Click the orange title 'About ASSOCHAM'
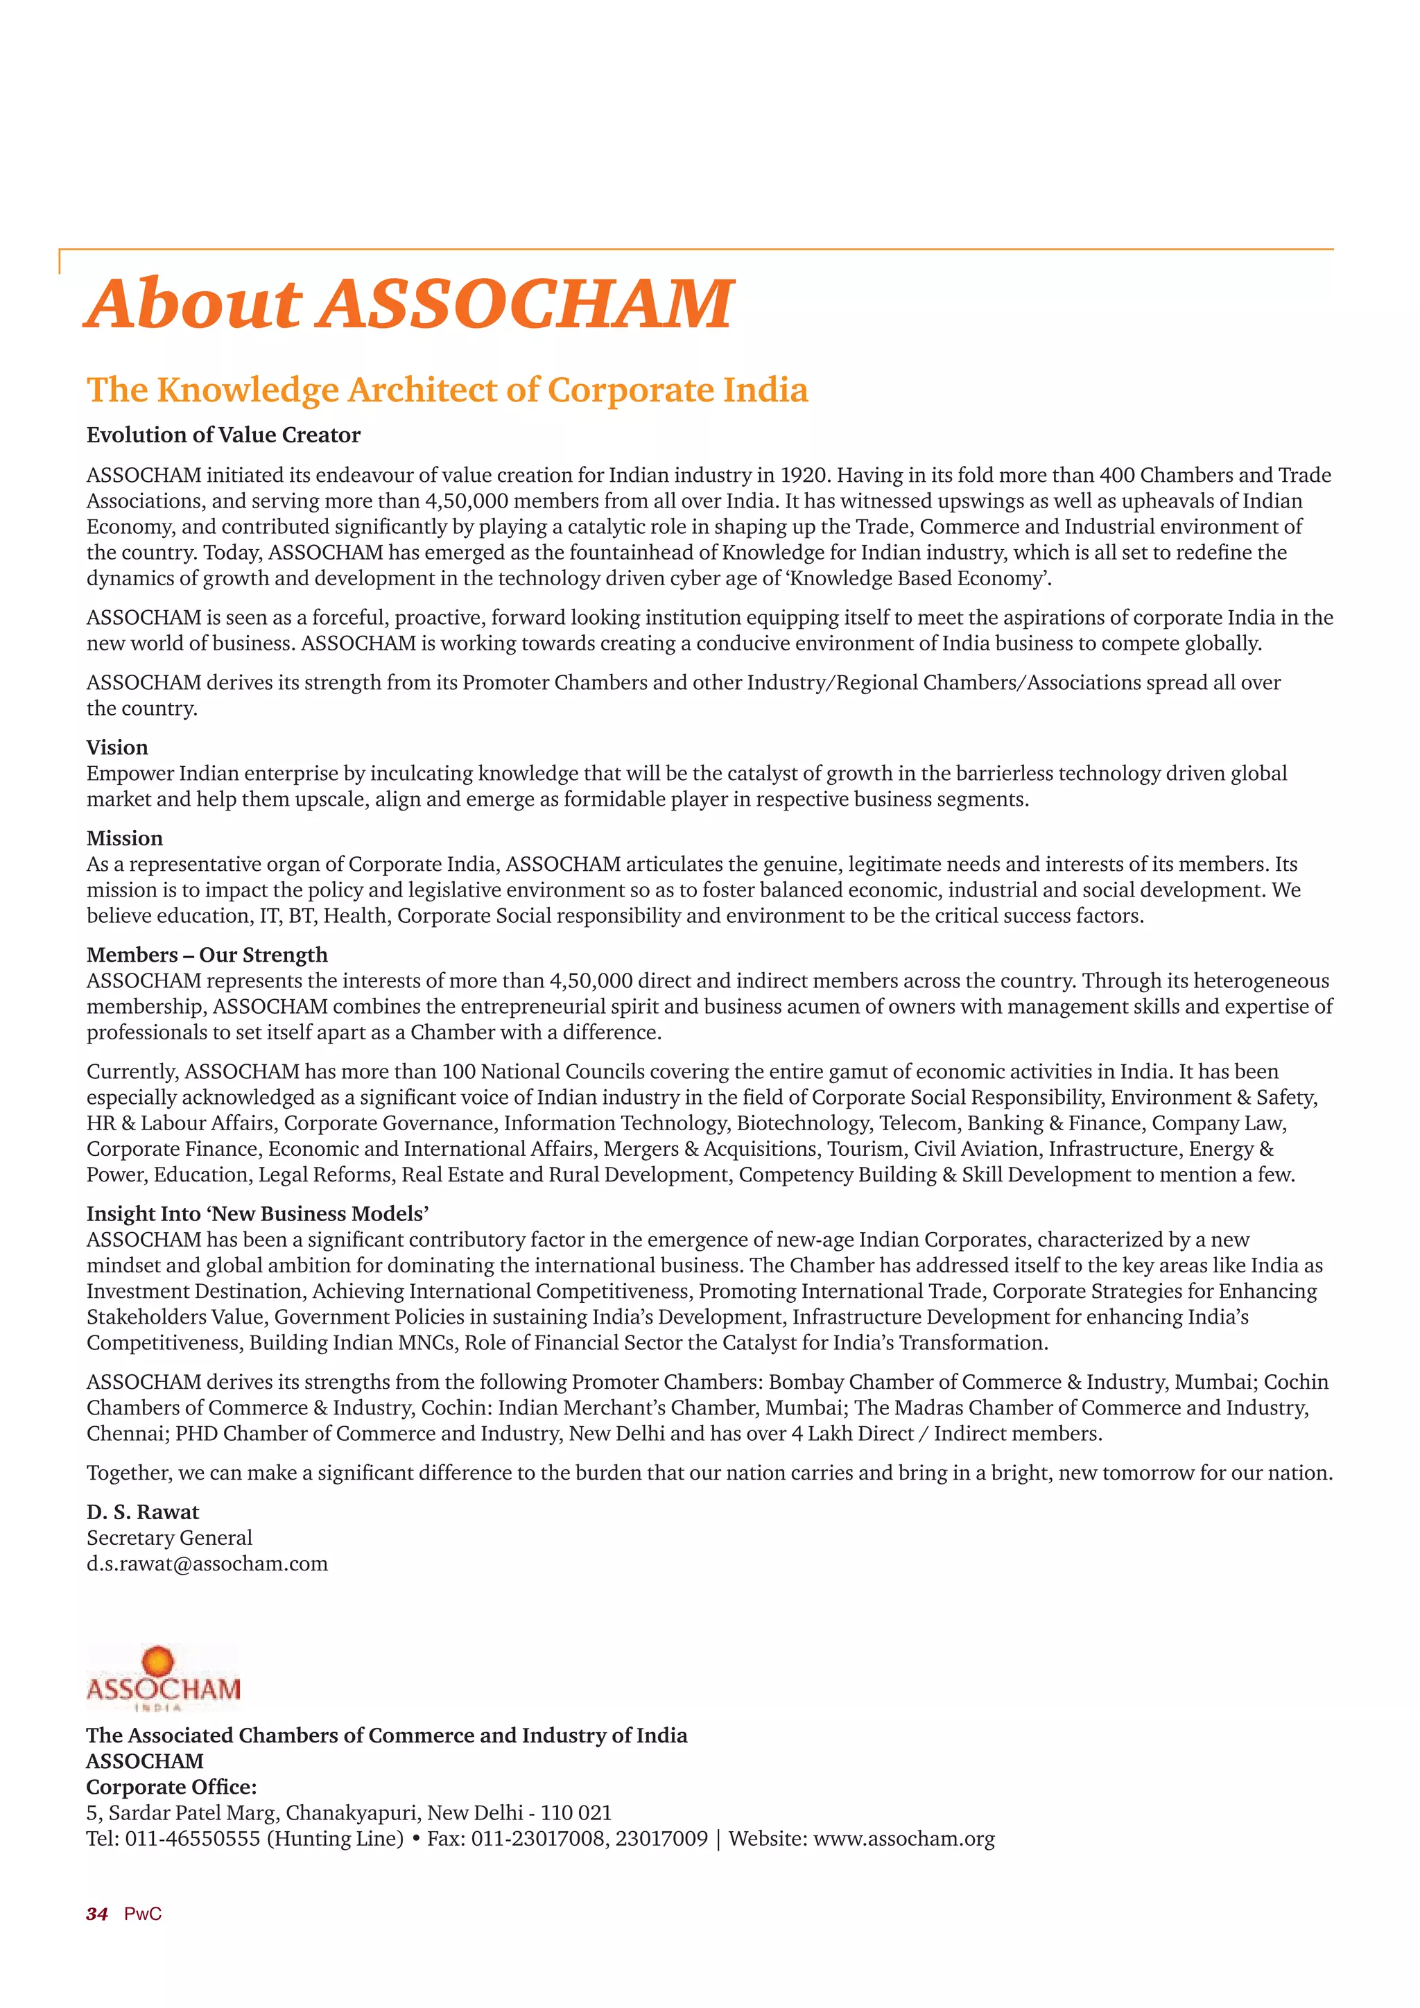pos(409,304)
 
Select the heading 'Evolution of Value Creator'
pos(223,435)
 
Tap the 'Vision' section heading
pos(117,747)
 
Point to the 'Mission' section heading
pos(124,839)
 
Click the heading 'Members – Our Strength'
pos(207,955)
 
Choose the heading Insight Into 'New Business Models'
pos(257,1214)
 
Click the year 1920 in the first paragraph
pos(804,476)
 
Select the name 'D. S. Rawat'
pos(143,1512)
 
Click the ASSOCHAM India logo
pos(163,1678)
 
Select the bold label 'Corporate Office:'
pos(171,1788)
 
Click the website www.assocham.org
pos(904,1840)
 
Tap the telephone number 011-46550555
pos(192,1840)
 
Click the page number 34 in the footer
pos(97,1914)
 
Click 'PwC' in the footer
pos(143,1914)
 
